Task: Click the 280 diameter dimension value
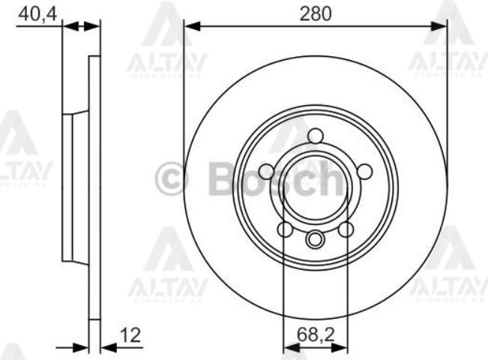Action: pos(315,12)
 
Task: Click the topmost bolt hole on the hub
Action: pos(315,136)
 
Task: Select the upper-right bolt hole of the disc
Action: pos(364,172)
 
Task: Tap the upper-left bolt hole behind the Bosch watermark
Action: pos(266,172)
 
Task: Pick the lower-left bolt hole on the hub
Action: pos(285,229)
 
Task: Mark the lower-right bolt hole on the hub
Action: pos(346,229)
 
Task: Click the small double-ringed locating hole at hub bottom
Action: pos(315,240)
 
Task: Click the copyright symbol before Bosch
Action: pos(171,181)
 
